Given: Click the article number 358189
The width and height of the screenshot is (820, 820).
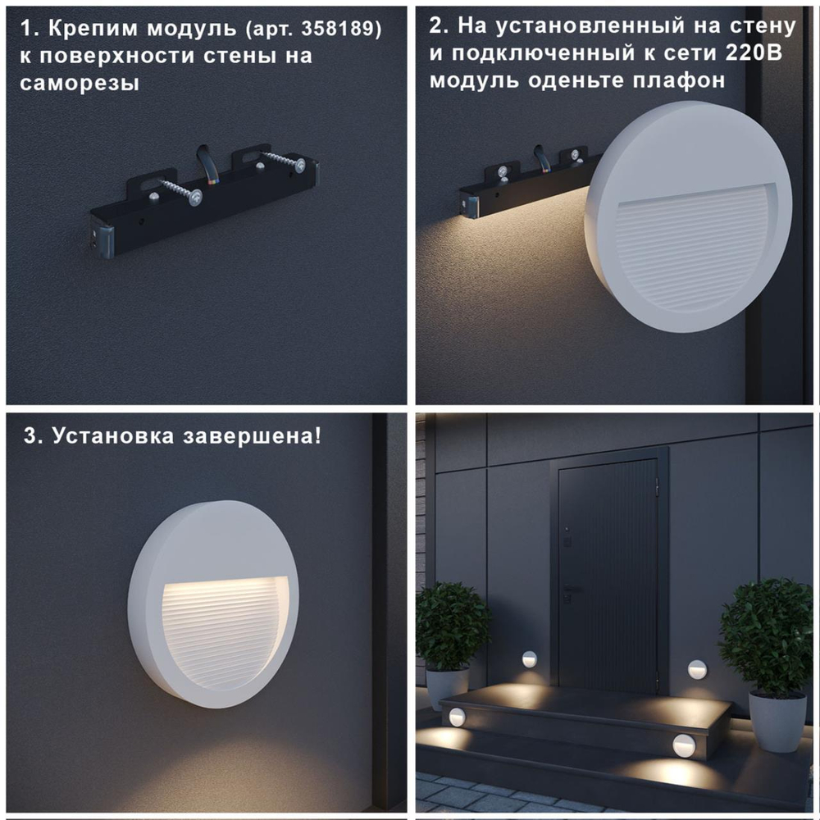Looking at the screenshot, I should tap(345, 30).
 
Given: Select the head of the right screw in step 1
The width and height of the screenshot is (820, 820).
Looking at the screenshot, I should tap(302, 166).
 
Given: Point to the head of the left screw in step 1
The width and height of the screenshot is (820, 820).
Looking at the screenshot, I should tap(195, 197).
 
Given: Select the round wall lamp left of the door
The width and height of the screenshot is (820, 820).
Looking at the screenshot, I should tap(530, 658).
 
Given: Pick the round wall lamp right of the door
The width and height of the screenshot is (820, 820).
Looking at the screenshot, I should tap(697, 668).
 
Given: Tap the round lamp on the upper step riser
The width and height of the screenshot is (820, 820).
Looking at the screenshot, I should tap(456, 717).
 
